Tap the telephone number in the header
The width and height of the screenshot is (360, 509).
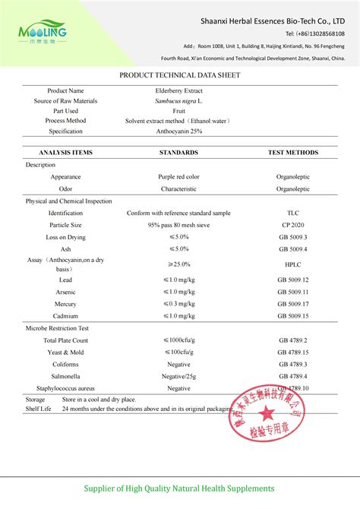[x=314, y=34]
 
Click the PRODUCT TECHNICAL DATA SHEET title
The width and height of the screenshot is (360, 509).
[x=179, y=76]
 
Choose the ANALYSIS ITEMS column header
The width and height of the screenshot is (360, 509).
[x=65, y=152]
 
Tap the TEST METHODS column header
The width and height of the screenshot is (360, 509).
[x=293, y=152]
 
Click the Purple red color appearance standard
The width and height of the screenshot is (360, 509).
[x=178, y=176]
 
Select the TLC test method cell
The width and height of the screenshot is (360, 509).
[x=293, y=213]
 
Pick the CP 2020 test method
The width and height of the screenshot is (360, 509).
[x=293, y=225]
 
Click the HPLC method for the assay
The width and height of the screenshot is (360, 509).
[x=293, y=264]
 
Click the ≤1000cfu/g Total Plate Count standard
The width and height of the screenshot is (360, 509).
[x=178, y=340]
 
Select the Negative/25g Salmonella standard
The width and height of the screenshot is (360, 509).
[x=178, y=376]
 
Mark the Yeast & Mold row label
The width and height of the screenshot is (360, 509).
[x=65, y=353]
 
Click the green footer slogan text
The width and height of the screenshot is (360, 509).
[x=179, y=488]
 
